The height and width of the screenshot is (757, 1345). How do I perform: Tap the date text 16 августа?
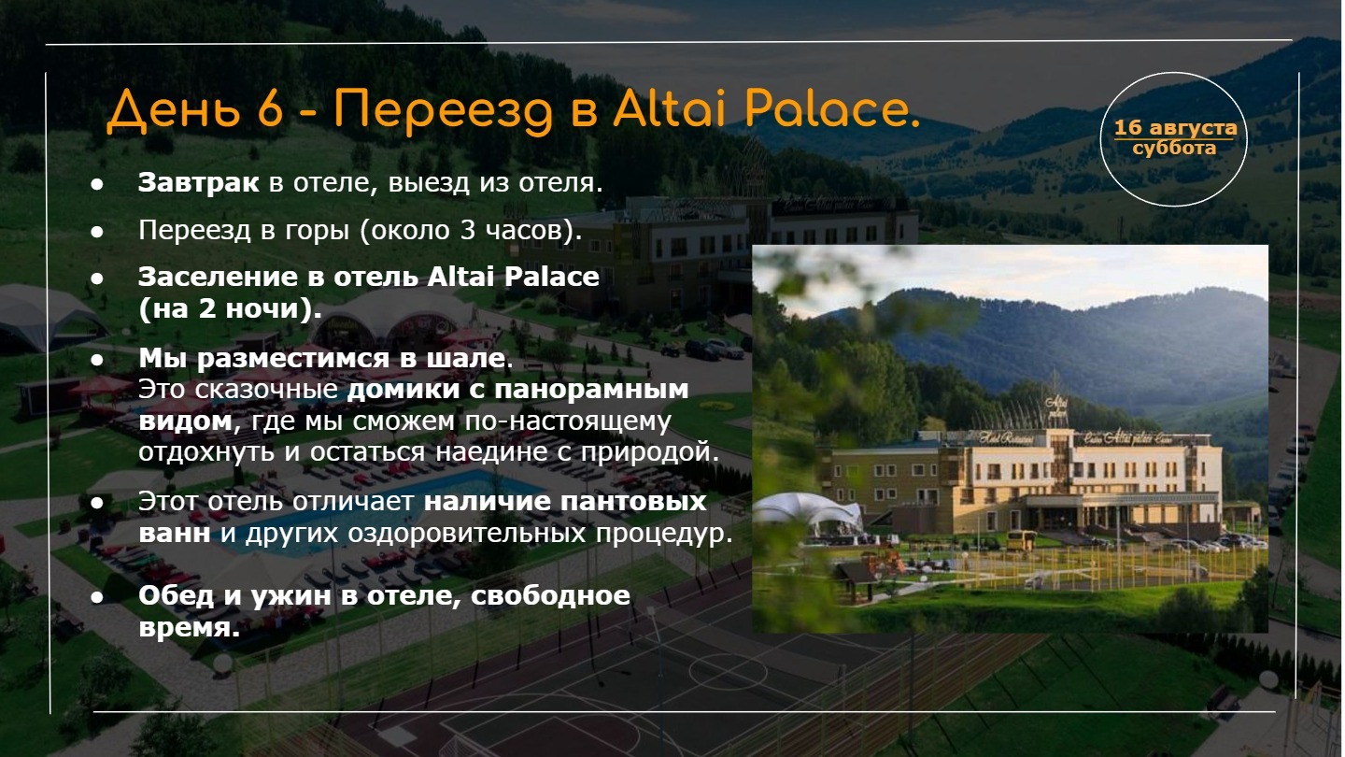tap(1175, 127)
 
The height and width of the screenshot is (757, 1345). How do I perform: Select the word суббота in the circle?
tap(1174, 148)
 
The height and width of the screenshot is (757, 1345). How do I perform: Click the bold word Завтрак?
tap(199, 182)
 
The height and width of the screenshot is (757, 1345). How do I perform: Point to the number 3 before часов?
tap(468, 230)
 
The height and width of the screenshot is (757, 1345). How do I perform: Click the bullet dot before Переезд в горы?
tap(97, 232)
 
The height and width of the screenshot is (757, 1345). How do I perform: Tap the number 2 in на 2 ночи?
tap(207, 308)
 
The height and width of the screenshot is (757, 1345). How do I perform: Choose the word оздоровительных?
tap(467, 534)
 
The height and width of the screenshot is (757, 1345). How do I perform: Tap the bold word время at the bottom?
tap(189, 628)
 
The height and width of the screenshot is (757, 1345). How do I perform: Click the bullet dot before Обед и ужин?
tap(97, 598)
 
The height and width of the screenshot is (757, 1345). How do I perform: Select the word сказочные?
tap(266, 390)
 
